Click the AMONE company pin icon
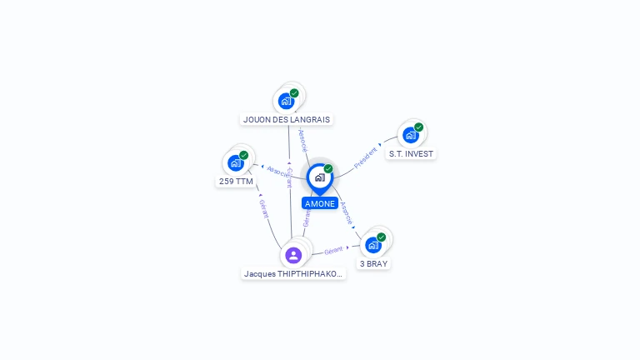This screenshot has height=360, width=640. click(319, 177)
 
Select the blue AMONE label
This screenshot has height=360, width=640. click(320, 203)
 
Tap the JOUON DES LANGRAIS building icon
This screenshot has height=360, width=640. click(287, 101)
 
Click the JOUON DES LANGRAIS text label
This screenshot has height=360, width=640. click(287, 119)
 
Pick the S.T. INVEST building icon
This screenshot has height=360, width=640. click(410, 135)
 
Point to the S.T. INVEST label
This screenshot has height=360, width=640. click(411, 153)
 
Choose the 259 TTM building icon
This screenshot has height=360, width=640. click(236, 162)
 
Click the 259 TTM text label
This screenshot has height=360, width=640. click(236, 181)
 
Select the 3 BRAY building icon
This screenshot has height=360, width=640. click(373, 245)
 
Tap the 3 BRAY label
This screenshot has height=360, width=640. click(373, 263)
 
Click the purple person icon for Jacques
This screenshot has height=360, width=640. click(293, 255)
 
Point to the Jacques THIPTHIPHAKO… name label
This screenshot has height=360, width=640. click(293, 273)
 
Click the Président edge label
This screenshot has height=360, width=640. click(366, 157)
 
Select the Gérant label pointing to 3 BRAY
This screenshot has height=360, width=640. click(333, 250)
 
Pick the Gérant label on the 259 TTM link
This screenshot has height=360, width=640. click(264, 208)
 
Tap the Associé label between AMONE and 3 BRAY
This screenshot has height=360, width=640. click(347, 213)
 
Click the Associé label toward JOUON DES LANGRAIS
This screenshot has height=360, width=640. click(303, 140)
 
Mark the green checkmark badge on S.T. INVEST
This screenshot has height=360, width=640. click(418, 127)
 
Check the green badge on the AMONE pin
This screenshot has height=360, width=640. click(328, 169)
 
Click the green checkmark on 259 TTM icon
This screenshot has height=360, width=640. click(244, 155)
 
